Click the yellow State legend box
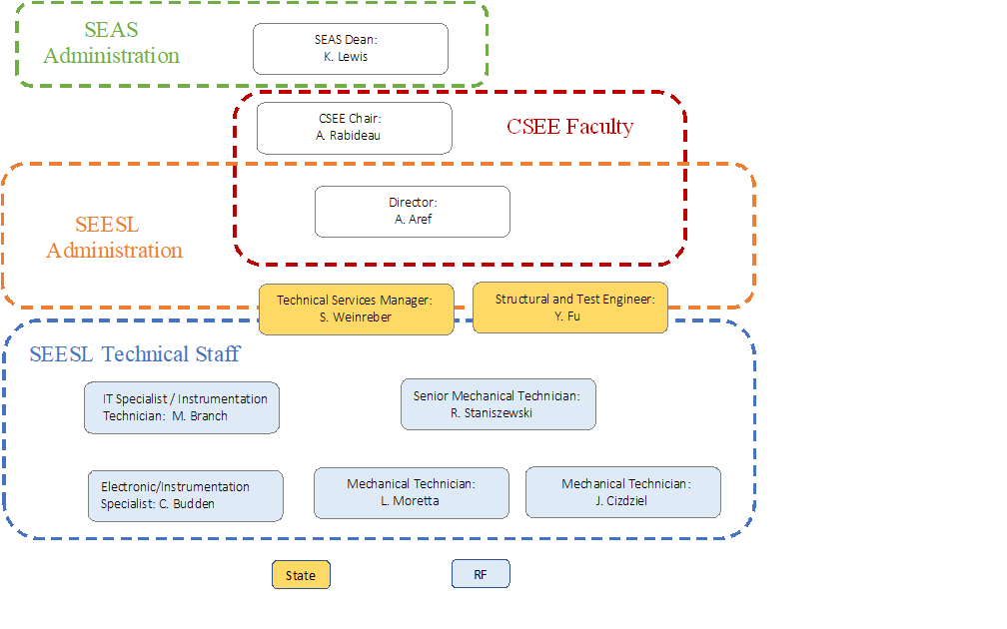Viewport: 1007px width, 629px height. click(301, 575)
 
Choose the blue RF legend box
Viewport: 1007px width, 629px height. click(481, 574)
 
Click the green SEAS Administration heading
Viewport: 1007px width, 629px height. click(112, 43)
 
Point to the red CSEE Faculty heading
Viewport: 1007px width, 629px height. click(569, 126)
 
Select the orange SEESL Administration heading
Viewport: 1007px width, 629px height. click(115, 238)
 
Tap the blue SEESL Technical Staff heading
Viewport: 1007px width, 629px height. click(135, 353)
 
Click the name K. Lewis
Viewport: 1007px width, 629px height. click(346, 57)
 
